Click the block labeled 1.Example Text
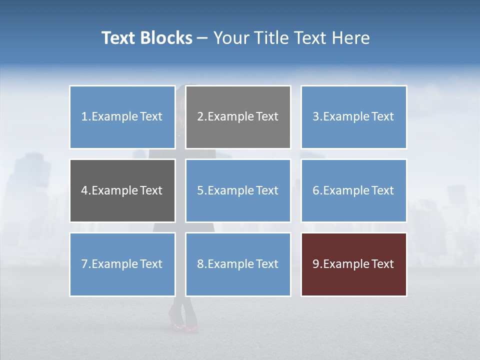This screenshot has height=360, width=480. tap(122, 117)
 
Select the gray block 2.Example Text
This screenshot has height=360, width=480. tap(238, 117)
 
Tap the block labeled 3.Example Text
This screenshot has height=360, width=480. tap(353, 117)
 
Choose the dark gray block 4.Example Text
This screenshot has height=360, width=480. tap(122, 190)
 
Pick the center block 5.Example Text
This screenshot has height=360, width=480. tap(238, 190)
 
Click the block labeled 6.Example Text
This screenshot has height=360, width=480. tap(353, 190)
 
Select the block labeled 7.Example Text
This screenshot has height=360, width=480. tap(122, 264)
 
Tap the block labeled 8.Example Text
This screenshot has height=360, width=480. tap(238, 264)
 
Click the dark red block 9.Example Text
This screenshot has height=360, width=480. tap(353, 264)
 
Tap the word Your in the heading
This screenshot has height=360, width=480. tap(231, 38)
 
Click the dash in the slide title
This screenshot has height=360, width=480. tap(202, 38)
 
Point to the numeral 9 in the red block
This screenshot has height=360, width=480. tap(316, 264)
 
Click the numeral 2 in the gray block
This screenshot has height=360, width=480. tap(200, 116)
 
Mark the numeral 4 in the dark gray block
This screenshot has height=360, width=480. tap(85, 190)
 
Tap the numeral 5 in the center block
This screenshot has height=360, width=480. tap(200, 190)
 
